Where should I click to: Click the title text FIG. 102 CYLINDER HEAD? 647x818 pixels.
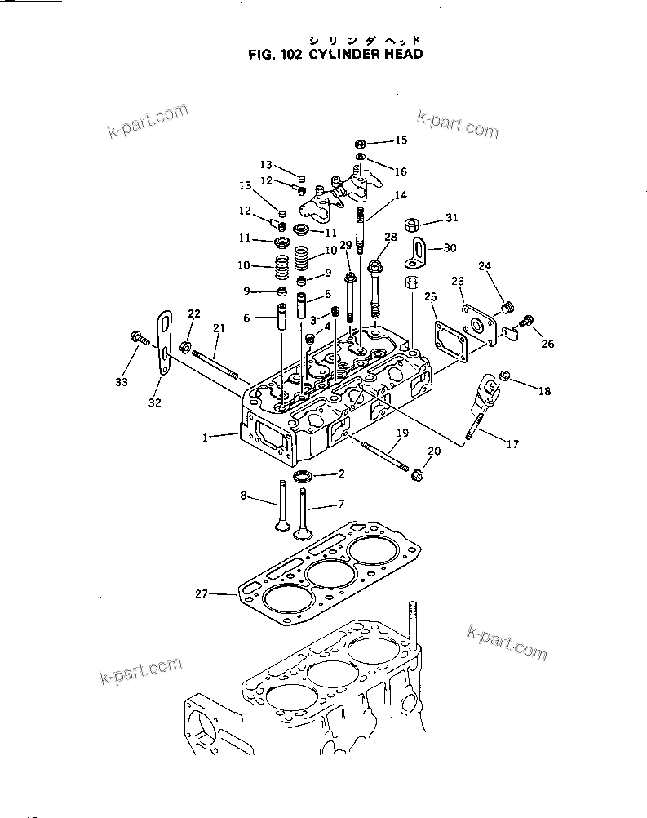pos(336,54)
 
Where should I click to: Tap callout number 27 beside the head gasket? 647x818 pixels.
pos(202,593)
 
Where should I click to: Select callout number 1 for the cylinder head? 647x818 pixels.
pos(206,438)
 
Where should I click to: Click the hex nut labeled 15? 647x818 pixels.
pos(360,144)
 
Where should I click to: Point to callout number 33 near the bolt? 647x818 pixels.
pos(122,382)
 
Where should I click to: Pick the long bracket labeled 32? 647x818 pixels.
pos(164,342)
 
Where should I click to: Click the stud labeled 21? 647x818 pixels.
pos(215,364)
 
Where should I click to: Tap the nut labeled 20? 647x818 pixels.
pos(417,475)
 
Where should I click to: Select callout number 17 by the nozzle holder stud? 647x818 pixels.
pos(512,444)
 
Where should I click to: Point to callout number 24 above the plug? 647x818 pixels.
pos(485,266)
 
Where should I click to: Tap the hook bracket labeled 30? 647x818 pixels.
pos(415,253)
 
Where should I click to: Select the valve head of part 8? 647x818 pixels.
pos(282,527)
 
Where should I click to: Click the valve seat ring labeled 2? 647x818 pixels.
pos(303,475)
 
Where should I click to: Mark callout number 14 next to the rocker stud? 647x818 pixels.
pos(401,195)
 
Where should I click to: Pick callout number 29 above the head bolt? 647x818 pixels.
pos(346,245)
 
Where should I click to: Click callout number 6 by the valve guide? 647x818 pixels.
pos(246,318)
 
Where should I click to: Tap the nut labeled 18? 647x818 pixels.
pos(504,375)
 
